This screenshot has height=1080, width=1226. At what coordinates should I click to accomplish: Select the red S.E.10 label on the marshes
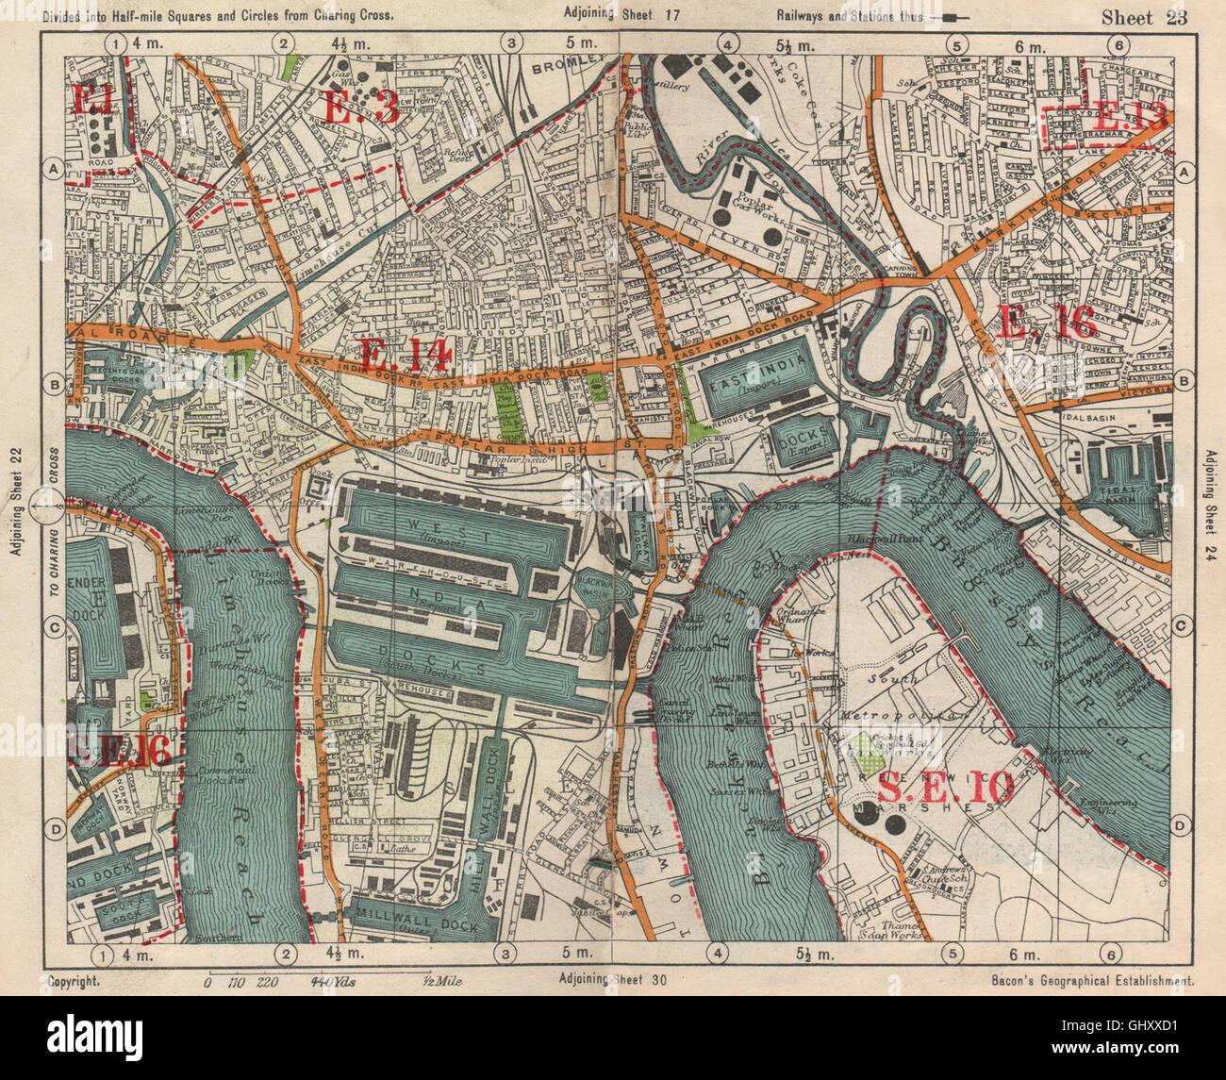(945, 786)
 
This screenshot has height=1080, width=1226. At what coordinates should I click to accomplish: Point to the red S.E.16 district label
(120, 751)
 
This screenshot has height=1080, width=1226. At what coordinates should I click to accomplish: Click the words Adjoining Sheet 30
(612, 979)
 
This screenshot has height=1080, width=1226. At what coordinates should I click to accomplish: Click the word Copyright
(74, 981)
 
